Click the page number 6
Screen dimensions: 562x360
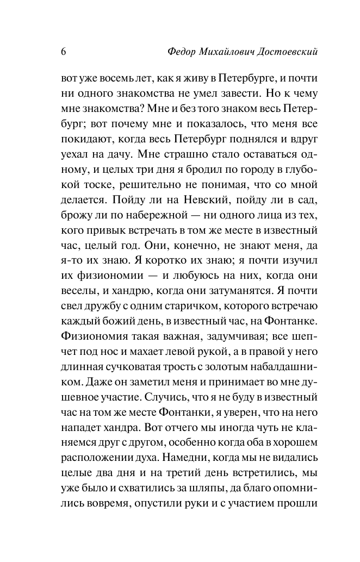point(64,52)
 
